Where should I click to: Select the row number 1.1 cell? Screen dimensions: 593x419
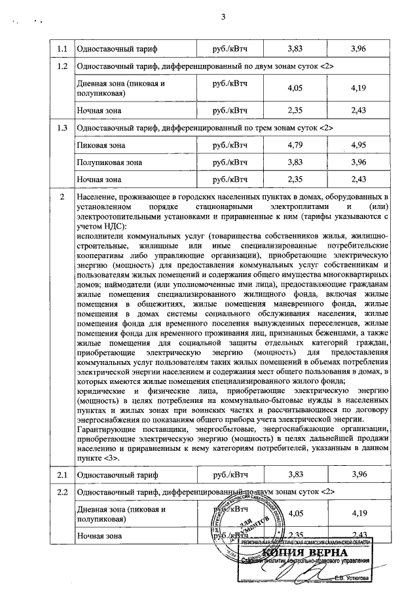[x=62, y=49]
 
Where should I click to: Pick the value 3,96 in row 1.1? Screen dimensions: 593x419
[x=359, y=49]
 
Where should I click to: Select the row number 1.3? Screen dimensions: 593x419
[x=62, y=127]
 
